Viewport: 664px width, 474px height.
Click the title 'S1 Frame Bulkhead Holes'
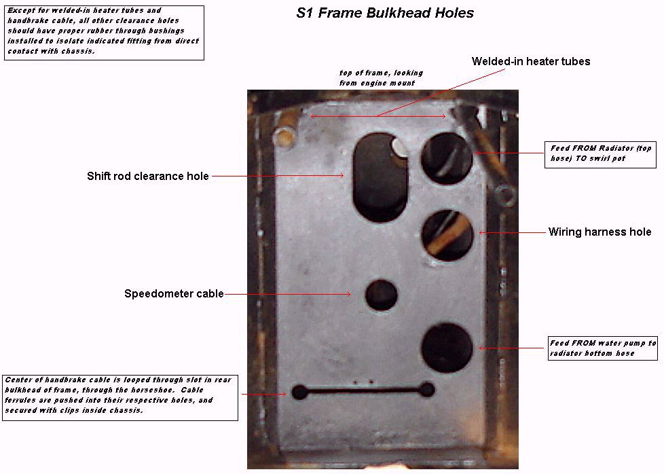coord(385,13)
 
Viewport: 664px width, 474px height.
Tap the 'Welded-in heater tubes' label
coord(531,61)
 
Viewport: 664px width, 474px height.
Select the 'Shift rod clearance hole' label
coord(148,176)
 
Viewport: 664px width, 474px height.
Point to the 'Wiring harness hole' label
coord(600,232)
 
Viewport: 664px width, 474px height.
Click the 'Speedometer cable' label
coord(174,293)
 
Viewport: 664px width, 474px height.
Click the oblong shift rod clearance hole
coord(380,178)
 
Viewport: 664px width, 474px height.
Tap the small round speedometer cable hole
coord(381,295)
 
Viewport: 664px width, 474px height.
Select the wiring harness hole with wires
coord(447,235)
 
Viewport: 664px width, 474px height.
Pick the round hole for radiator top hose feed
coord(447,158)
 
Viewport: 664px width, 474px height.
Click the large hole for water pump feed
coord(447,348)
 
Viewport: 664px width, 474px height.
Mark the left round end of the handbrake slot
coord(299,393)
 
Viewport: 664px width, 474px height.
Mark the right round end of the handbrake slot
coord(427,390)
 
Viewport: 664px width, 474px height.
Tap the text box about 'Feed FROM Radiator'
coord(600,155)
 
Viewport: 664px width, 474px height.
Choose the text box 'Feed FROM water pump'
coord(603,348)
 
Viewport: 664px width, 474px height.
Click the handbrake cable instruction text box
coord(120,398)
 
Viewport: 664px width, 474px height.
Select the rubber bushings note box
coord(104,33)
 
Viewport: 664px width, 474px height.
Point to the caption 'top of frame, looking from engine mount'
coord(381,78)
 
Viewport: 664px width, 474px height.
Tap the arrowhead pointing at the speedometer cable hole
coord(348,294)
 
